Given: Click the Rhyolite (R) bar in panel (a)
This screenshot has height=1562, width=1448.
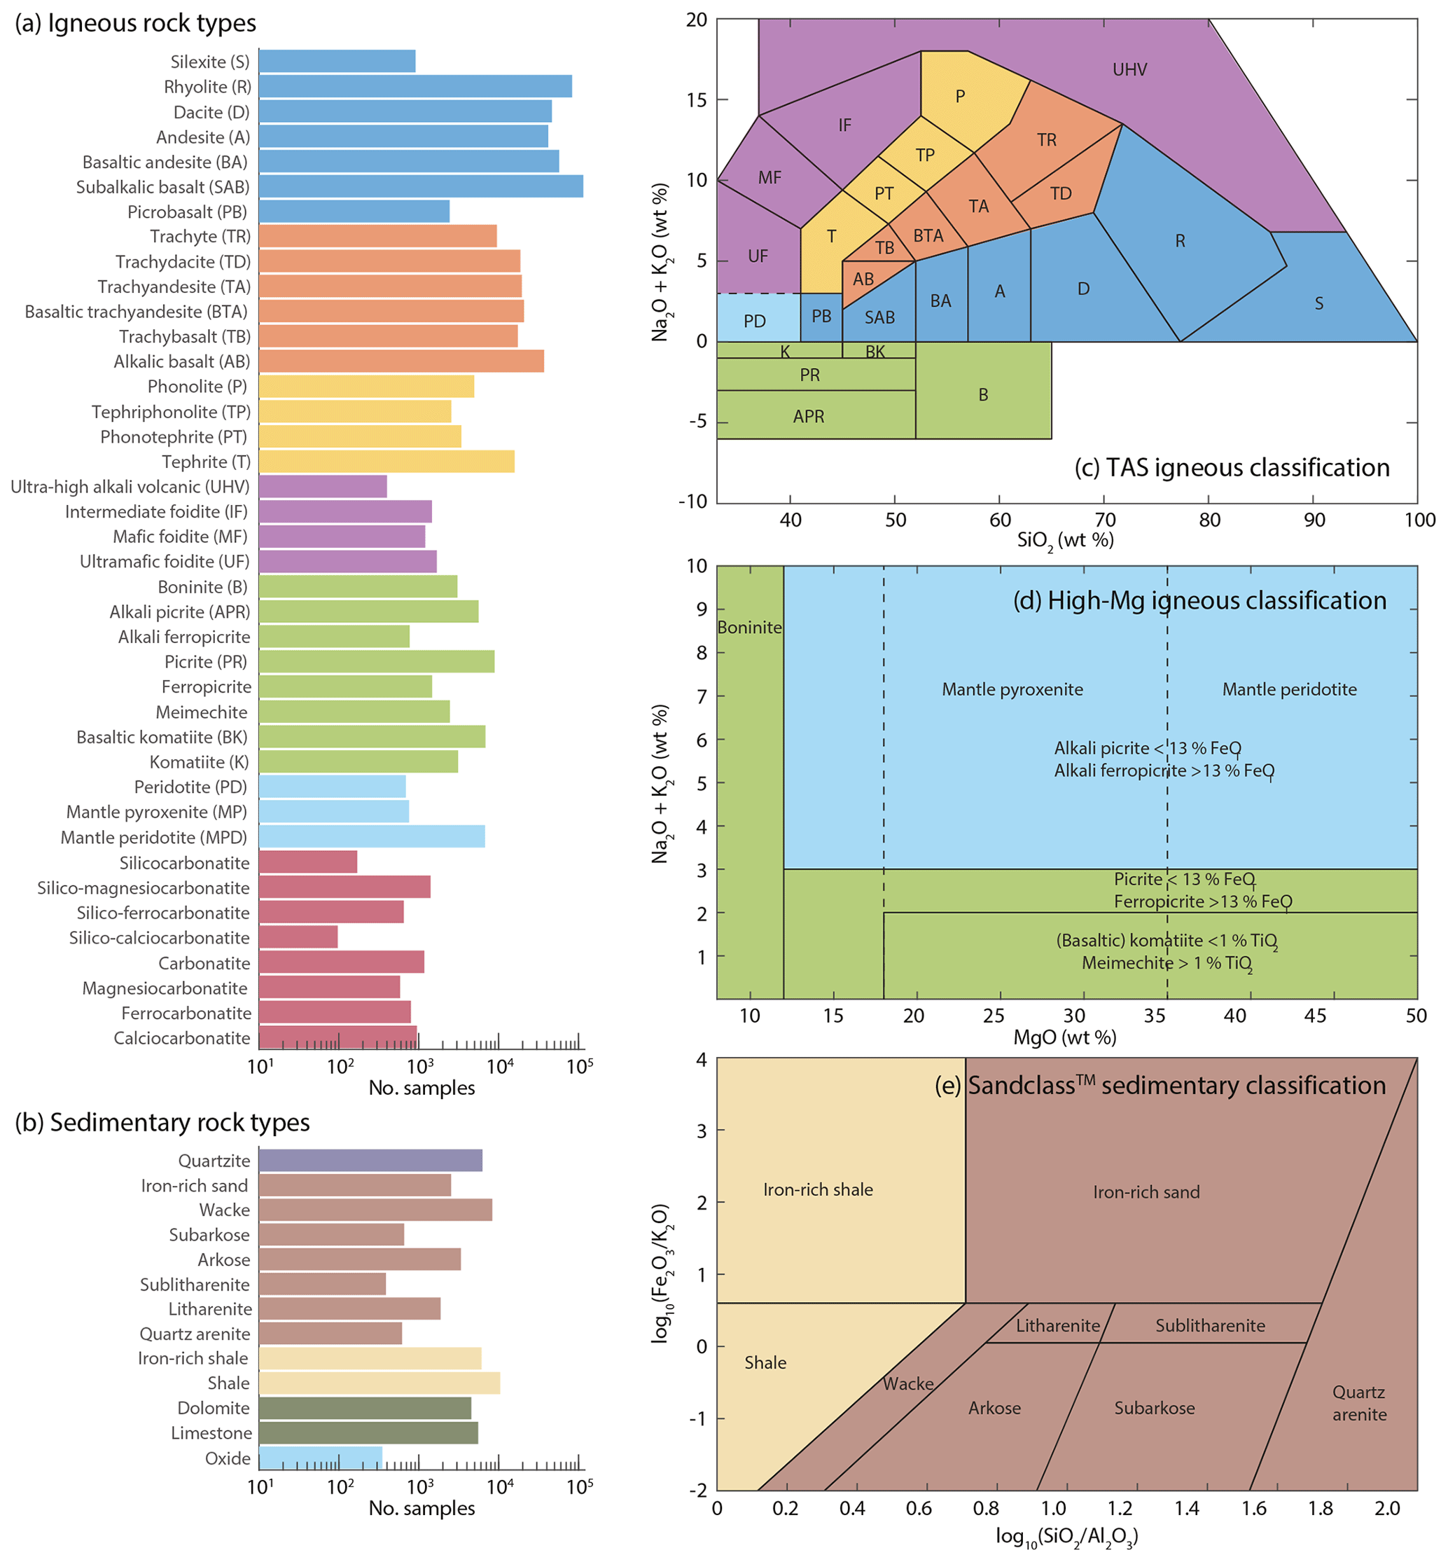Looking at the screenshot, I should [415, 86].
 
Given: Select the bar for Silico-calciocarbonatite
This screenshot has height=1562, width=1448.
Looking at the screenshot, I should [298, 937].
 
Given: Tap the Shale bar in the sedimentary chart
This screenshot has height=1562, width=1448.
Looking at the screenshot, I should [380, 1383].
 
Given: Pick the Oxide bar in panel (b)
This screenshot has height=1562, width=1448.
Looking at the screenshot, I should [321, 1458].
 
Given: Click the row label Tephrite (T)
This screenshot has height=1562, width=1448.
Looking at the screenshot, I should [206, 462].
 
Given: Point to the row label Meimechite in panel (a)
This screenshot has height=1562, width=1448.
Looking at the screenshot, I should [202, 712].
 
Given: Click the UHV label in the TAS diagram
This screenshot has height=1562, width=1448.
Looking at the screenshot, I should [1129, 70].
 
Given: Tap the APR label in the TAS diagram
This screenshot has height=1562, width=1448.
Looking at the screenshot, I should [809, 416].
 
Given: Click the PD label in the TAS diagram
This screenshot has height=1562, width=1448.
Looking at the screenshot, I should [755, 322].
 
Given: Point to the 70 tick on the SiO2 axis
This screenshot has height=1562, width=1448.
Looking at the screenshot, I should [1105, 520].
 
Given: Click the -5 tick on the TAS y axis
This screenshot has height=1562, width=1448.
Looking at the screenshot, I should [697, 422].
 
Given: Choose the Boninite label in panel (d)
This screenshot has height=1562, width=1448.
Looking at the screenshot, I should [750, 627].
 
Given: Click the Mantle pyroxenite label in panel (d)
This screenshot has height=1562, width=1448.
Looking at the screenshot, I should [1012, 689].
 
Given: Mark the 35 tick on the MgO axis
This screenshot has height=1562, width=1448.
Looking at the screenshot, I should [1155, 1016].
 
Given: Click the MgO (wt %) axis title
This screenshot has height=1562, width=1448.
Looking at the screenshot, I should [1065, 1037].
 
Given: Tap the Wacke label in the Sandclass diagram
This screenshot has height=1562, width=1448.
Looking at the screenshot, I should [908, 1384].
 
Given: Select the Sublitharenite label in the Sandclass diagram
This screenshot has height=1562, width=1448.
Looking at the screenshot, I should [1210, 1325].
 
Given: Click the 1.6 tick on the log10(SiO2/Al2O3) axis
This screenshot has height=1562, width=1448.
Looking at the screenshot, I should [1253, 1508].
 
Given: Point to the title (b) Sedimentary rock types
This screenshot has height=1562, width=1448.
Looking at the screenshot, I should [162, 1122].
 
